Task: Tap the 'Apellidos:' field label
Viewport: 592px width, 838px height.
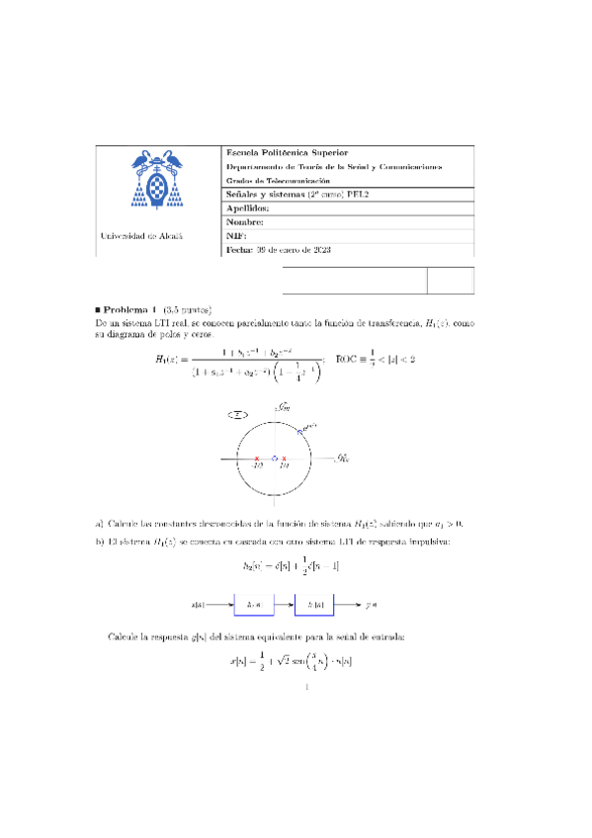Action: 247,209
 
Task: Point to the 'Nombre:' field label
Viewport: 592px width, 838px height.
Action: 245,222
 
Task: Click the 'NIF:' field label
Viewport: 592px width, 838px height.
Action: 236,237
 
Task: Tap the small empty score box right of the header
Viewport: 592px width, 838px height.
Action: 451,280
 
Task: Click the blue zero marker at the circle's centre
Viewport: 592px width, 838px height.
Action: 275,459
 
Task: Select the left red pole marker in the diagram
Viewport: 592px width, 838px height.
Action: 257,459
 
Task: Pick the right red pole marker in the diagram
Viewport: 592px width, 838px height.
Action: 285,459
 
